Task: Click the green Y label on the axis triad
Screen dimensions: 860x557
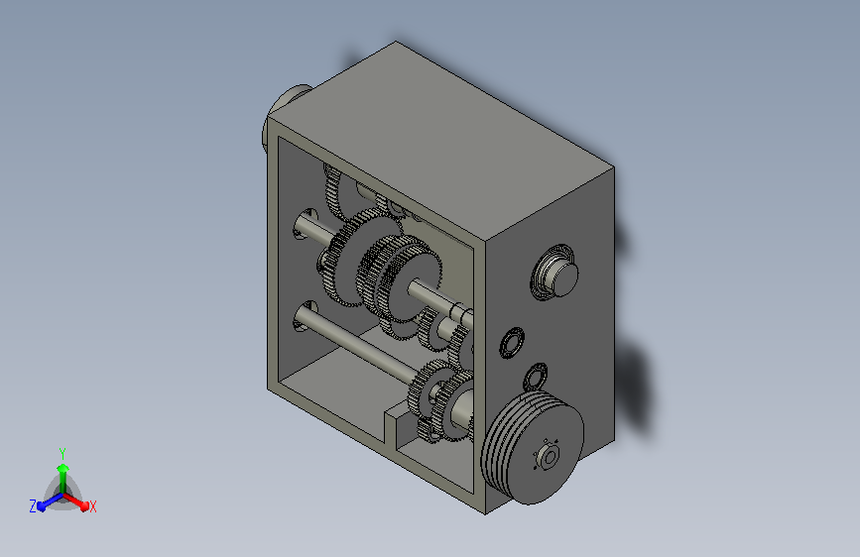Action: [x=61, y=453]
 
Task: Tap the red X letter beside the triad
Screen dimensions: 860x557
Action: [x=92, y=506]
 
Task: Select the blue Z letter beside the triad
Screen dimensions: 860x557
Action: [x=33, y=506]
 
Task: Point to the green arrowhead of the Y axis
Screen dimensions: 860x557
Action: [x=62, y=469]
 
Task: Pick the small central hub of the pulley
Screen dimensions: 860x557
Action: [x=549, y=457]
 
